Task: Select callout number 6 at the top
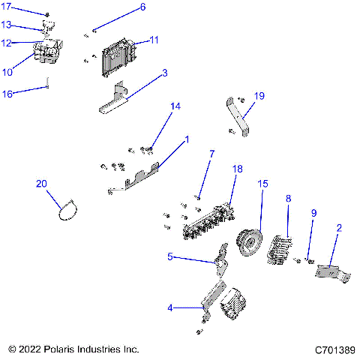tap(142, 8)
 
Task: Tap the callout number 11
tap(154, 39)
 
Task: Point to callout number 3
tap(165, 73)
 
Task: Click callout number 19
tap(259, 96)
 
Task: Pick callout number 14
tap(175, 107)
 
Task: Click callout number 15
tap(262, 184)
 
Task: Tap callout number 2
tap(339, 227)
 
